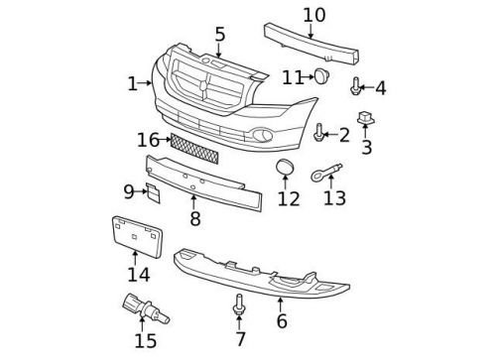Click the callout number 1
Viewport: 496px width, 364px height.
pos(132,83)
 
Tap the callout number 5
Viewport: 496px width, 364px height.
pos(219,35)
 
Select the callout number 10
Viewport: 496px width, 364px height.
pos(313,14)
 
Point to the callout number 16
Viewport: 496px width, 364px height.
pos(148,140)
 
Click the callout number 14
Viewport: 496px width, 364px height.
pos(139,274)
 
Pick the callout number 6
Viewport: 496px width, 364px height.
pos(282,320)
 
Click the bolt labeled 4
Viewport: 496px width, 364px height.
pos(355,88)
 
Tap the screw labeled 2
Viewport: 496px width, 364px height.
pos(319,132)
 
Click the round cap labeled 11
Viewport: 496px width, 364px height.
pos(322,76)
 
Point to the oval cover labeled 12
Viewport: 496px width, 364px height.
pos(285,168)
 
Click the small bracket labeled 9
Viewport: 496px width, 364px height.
pos(154,191)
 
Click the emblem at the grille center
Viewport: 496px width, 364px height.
pos(206,87)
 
